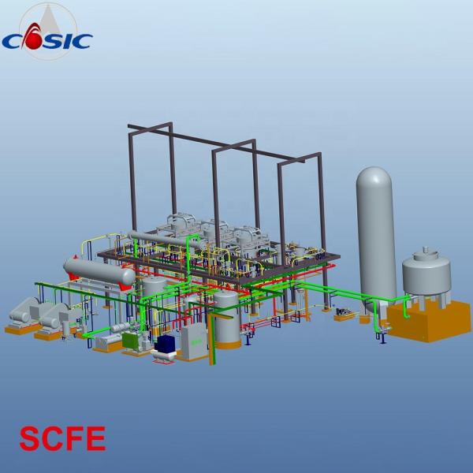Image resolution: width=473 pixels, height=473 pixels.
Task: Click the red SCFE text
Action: point(63,438)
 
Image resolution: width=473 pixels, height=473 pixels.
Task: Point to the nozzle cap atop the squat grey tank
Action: point(426,250)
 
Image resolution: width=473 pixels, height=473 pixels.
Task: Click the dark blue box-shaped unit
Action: point(166,344)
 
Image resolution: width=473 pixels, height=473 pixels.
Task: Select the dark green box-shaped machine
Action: point(132,340)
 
